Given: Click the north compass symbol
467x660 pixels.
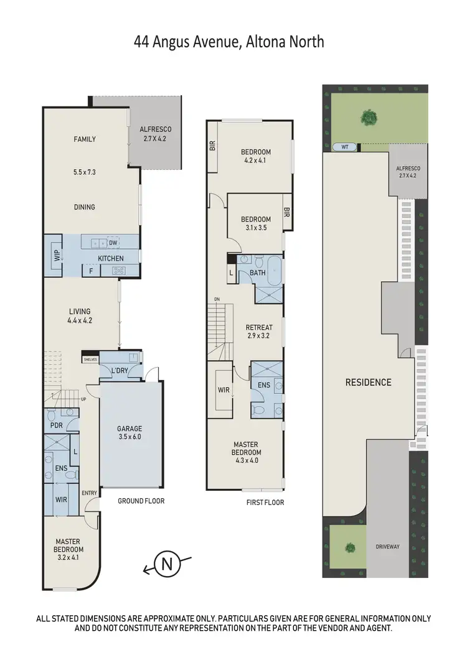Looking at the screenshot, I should click(x=166, y=564).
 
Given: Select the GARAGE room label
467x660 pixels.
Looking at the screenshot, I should click(x=130, y=429).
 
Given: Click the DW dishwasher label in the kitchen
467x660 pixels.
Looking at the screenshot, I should click(x=113, y=243).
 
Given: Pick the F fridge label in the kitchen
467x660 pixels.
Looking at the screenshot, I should click(x=90, y=271).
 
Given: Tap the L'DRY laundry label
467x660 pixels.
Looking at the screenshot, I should click(x=120, y=371).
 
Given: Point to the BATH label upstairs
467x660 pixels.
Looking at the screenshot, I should click(x=257, y=273).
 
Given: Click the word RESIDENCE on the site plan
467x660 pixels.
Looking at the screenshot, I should click(x=369, y=382).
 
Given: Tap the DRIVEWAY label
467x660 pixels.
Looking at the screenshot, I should click(x=388, y=547).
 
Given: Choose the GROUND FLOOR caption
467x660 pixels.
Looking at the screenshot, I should click(x=141, y=501).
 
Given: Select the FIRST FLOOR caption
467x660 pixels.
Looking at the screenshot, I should click(x=265, y=502).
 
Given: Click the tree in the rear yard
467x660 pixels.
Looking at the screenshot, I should click(x=369, y=116).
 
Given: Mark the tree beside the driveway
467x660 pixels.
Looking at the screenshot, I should click(x=350, y=548).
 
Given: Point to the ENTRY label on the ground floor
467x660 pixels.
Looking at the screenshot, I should click(x=90, y=493).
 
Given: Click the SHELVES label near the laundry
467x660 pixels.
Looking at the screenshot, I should click(x=90, y=360).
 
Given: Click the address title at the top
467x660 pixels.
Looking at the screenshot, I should click(x=229, y=43).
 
